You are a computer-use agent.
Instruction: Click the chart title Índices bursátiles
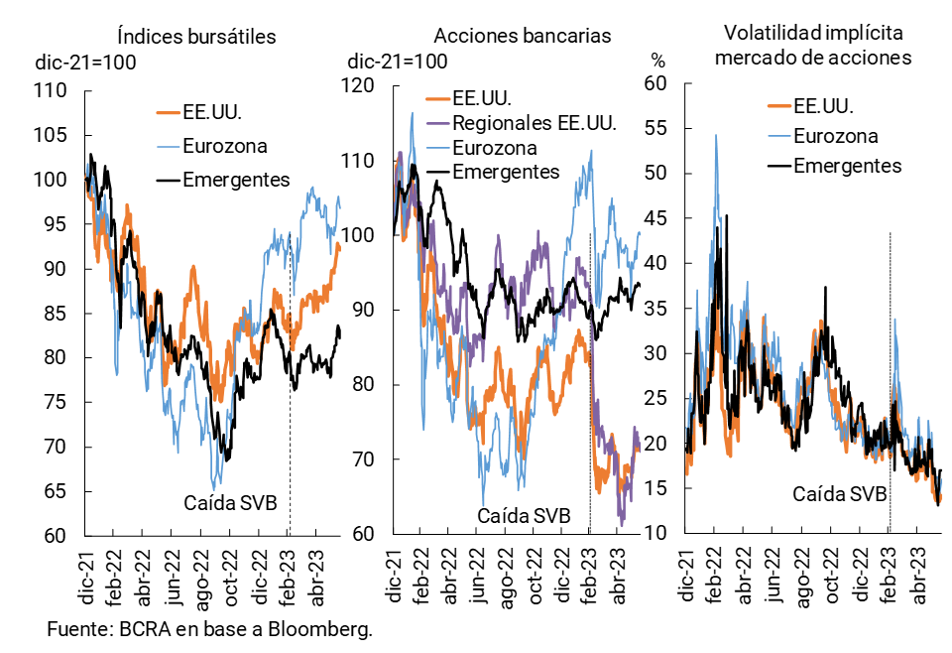[x=195, y=37]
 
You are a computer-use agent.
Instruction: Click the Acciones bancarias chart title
[x=523, y=37]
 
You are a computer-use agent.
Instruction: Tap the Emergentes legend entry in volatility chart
[x=848, y=165]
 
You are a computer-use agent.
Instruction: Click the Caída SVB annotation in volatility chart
[x=839, y=493]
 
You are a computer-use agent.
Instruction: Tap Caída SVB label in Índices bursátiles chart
[x=230, y=502]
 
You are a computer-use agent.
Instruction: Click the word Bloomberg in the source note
[x=327, y=630]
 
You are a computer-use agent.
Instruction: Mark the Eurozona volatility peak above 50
[x=715, y=136]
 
